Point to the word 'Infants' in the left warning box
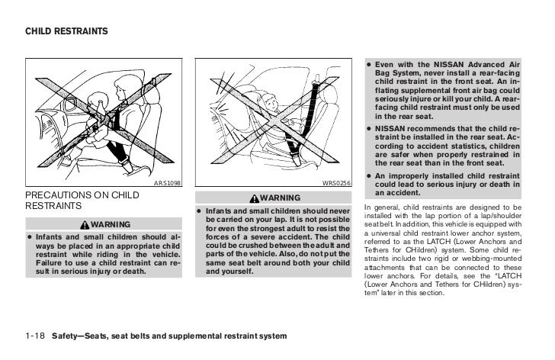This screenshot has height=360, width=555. click(51, 238)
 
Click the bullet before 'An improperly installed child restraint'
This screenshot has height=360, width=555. click(368, 175)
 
